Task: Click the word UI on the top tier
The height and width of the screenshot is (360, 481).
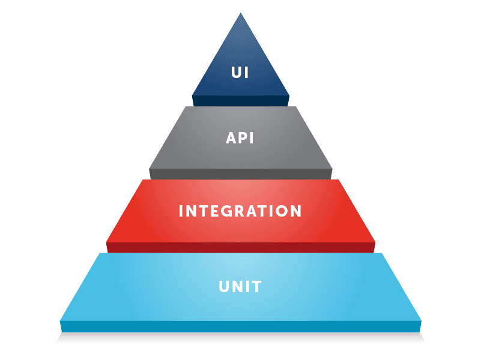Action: pos(240,73)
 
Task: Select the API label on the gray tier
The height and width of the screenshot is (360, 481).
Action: pos(240,138)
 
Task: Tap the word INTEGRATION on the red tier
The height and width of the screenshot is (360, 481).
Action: pos(240,211)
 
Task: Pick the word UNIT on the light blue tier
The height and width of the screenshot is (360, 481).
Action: pos(240,287)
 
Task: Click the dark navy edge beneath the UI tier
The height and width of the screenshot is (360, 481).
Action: pos(240,101)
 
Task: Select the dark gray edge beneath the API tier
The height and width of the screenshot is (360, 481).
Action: pos(240,173)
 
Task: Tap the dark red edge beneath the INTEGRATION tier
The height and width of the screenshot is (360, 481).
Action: pos(240,247)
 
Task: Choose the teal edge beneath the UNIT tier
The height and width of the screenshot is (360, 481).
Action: pos(240,326)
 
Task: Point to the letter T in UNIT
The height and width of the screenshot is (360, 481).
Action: pos(256,287)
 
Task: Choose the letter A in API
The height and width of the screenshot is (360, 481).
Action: pos(231,138)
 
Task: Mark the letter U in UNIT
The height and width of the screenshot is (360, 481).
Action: pos(224,287)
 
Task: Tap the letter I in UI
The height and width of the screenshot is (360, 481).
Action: pos(246,73)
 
